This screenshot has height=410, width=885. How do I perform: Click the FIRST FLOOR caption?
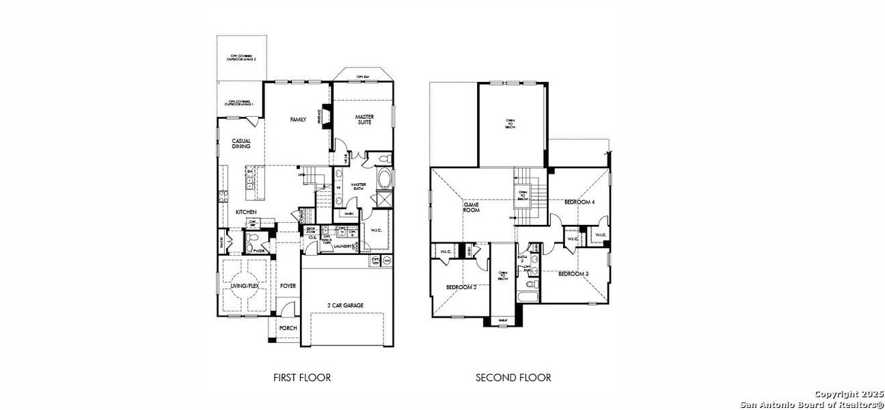[x=301, y=377]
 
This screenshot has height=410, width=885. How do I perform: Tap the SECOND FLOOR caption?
[x=513, y=377]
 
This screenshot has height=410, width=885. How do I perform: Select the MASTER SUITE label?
[x=364, y=120]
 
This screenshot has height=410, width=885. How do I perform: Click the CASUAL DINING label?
[x=241, y=143]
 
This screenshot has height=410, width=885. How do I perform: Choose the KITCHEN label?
[x=246, y=213]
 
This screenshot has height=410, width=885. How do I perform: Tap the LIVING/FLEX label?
[x=244, y=286]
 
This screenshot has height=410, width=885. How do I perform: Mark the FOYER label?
[x=288, y=286]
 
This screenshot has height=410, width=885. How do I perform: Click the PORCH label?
[x=288, y=328]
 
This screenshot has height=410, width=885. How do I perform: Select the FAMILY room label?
[x=298, y=120]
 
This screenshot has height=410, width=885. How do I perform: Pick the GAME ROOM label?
[x=472, y=208]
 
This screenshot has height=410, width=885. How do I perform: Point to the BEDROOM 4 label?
[x=580, y=202]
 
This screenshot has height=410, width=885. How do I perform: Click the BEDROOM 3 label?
[x=573, y=274]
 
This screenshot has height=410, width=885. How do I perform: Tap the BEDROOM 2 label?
[x=461, y=287]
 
